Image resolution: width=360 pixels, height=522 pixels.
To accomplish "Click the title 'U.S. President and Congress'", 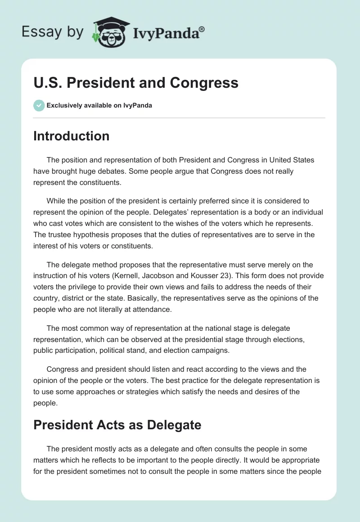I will click(x=135, y=83).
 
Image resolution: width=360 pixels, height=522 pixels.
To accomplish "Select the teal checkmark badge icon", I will click(x=39, y=105).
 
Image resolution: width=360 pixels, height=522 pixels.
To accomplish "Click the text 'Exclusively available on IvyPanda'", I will click(x=99, y=106).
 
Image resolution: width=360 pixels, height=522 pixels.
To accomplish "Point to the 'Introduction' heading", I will click(x=71, y=136).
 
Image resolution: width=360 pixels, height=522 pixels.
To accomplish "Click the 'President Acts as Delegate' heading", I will click(x=117, y=424).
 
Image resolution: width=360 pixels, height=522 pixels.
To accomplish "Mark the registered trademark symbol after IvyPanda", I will click(x=202, y=29).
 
